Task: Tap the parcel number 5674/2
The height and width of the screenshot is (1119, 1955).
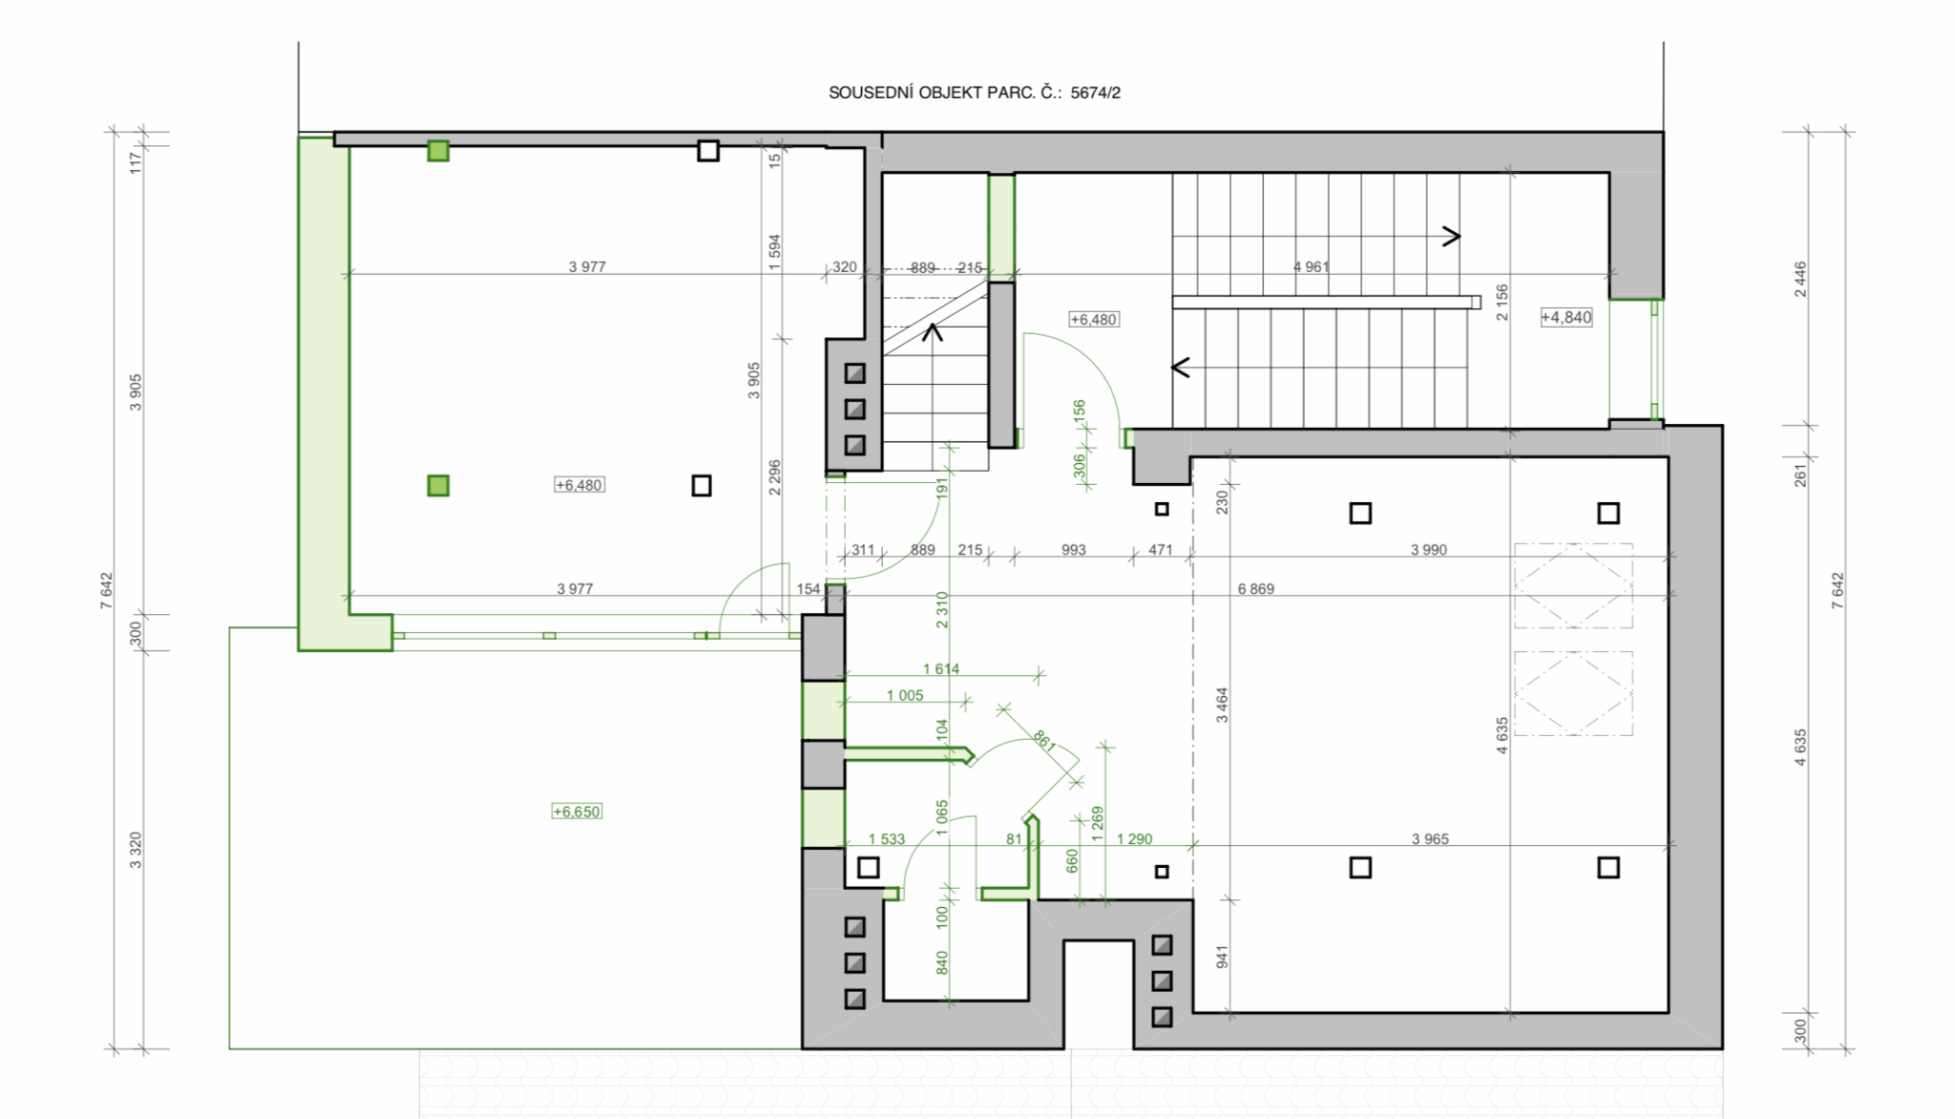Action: pos(1096,93)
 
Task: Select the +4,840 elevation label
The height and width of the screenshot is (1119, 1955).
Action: pos(1566,317)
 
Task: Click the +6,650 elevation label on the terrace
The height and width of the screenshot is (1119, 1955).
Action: pos(577,812)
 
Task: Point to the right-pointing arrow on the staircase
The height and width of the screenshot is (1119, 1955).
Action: pos(1451,236)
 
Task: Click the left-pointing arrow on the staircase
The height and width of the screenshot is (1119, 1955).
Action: pos(1181,367)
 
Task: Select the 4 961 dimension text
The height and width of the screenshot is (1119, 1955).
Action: pos(1311,266)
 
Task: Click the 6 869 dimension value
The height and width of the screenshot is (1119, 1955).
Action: pos(1255,589)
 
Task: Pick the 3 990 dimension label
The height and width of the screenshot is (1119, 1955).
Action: pos(1429,550)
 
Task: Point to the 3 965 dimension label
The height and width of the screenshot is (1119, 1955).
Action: pos(1430,839)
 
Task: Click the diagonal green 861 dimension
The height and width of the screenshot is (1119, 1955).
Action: pos(1043,740)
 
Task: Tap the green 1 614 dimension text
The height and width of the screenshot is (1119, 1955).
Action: pos(941,669)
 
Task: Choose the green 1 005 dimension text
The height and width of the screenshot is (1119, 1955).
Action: pos(905,695)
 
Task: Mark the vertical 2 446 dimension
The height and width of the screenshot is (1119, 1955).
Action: pos(1800,279)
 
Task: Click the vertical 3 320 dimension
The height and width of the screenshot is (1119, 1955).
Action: pos(136,850)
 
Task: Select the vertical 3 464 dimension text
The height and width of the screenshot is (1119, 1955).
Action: pos(1222,705)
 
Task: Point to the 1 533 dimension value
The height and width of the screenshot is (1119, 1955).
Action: pos(887,839)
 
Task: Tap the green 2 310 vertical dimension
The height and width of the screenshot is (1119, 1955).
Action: pos(942,609)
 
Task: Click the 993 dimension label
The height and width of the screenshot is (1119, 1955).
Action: pos(1074,550)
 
